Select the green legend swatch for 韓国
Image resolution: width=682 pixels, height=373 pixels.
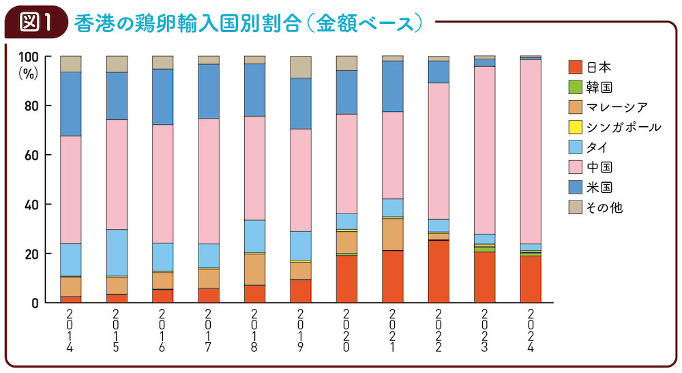click(x=575, y=87)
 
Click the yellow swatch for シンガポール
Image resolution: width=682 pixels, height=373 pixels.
click(x=575, y=127)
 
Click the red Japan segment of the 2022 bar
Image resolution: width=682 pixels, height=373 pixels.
click(x=439, y=271)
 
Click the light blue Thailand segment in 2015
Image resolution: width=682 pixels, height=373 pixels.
click(x=117, y=252)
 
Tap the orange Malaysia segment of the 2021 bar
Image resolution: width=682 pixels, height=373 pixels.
click(x=393, y=234)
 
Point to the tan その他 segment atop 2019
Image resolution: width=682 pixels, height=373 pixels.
click(x=301, y=67)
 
